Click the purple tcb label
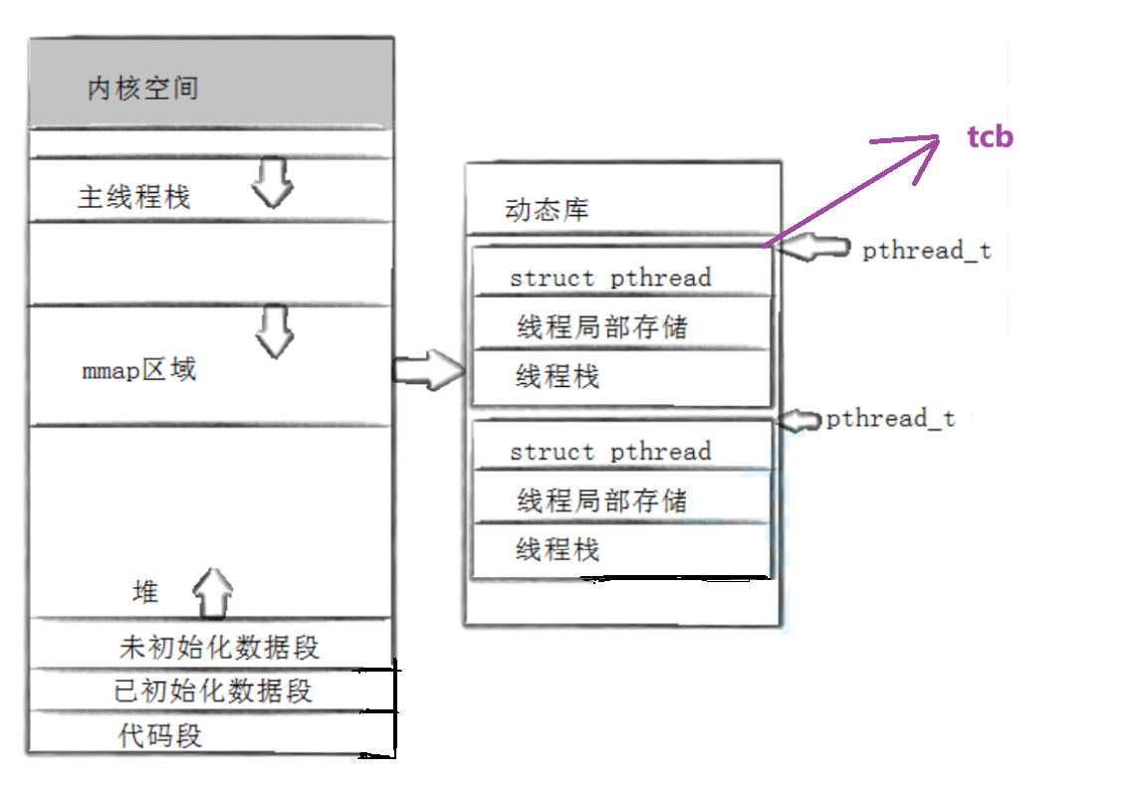(x=990, y=136)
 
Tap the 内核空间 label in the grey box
(x=143, y=88)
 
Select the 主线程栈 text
(x=133, y=197)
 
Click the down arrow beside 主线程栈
(x=272, y=182)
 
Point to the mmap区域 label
(x=139, y=370)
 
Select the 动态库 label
(x=547, y=210)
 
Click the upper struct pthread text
(x=609, y=278)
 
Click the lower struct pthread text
(x=609, y=451)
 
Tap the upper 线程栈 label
(x=558, y=377)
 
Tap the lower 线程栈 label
(x=558, y=549)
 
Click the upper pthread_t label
(x=926, y=250)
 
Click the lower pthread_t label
(x=890, y=419)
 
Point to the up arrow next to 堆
(x=212, y=593)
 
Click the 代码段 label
(x=160, y=736)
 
